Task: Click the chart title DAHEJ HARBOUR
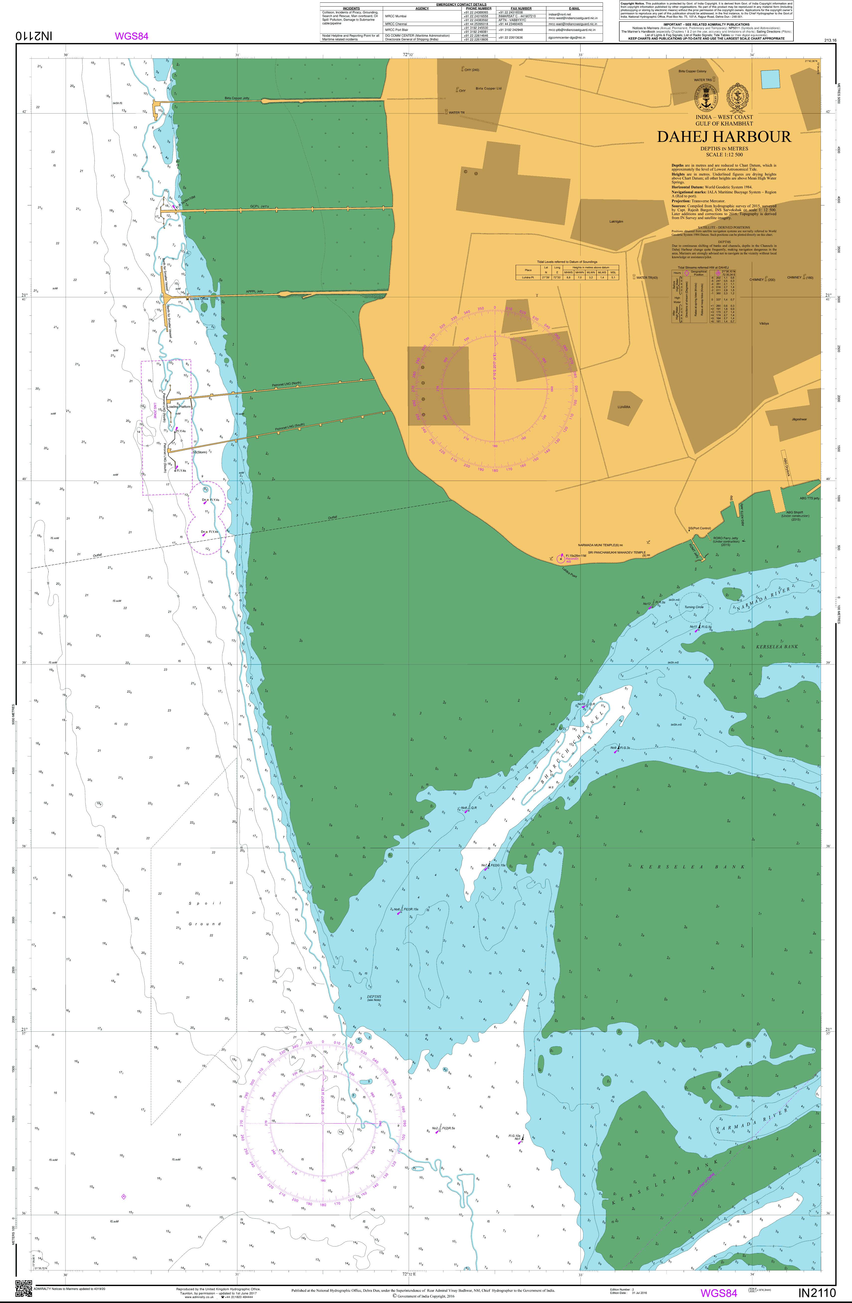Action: tap(724, 137)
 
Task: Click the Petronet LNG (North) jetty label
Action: tap(288, 385)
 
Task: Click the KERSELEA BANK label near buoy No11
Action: tap(777, 647)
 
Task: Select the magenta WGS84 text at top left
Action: tap(131, 37)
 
